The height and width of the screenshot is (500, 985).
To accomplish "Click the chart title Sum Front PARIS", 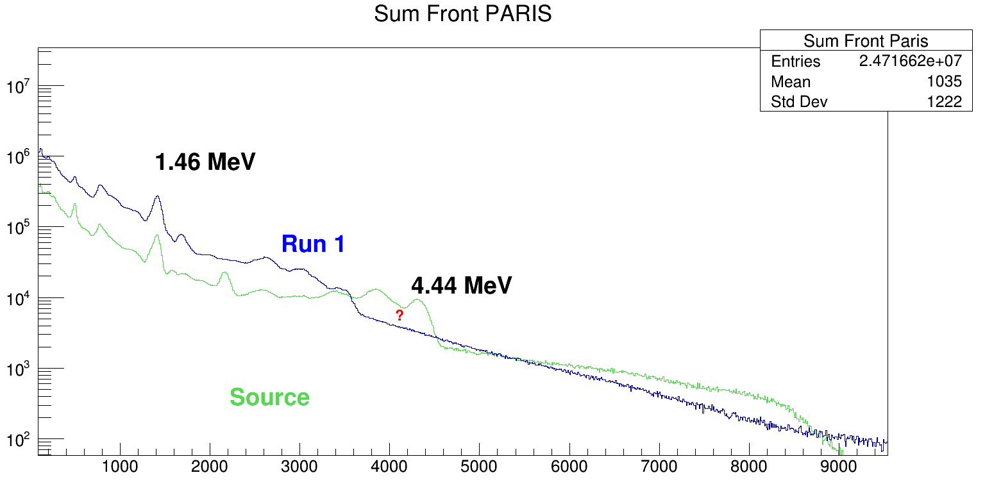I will [462, 14].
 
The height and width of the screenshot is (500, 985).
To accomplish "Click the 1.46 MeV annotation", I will [205, 162].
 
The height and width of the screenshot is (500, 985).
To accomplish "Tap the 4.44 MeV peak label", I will [461, 285].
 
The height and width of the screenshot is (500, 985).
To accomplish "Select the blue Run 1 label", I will [313, 244].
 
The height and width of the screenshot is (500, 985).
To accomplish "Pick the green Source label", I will [269, 397].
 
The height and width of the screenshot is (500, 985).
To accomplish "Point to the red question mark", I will [400, 315].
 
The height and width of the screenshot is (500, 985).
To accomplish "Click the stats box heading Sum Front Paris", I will [866, 42].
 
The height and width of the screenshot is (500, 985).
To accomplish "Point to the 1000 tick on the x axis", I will [119, 467].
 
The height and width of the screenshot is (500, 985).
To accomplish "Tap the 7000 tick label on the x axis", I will [659, 467].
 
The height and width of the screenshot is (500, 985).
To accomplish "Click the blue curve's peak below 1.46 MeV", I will [157, 197].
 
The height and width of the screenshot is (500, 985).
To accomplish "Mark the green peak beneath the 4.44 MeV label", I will [418, 299].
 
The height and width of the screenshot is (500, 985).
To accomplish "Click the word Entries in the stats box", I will [795, 62].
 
